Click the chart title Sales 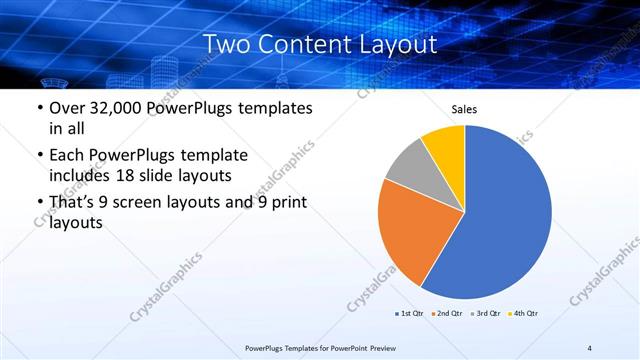pyautogui.click(x=464, y=109)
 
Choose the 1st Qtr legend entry pyautogui.click(x=409, y=314)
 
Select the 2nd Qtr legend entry pyautogui.click(x=447, y=314)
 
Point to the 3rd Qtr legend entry pyautogui.click(x=485, y=314)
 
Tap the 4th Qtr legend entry pyautogui.click(x=523, y=314)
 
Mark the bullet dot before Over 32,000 pyautogui.click(x=39, y=109)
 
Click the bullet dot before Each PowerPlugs pyautogui.click(x=39, y=156)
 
